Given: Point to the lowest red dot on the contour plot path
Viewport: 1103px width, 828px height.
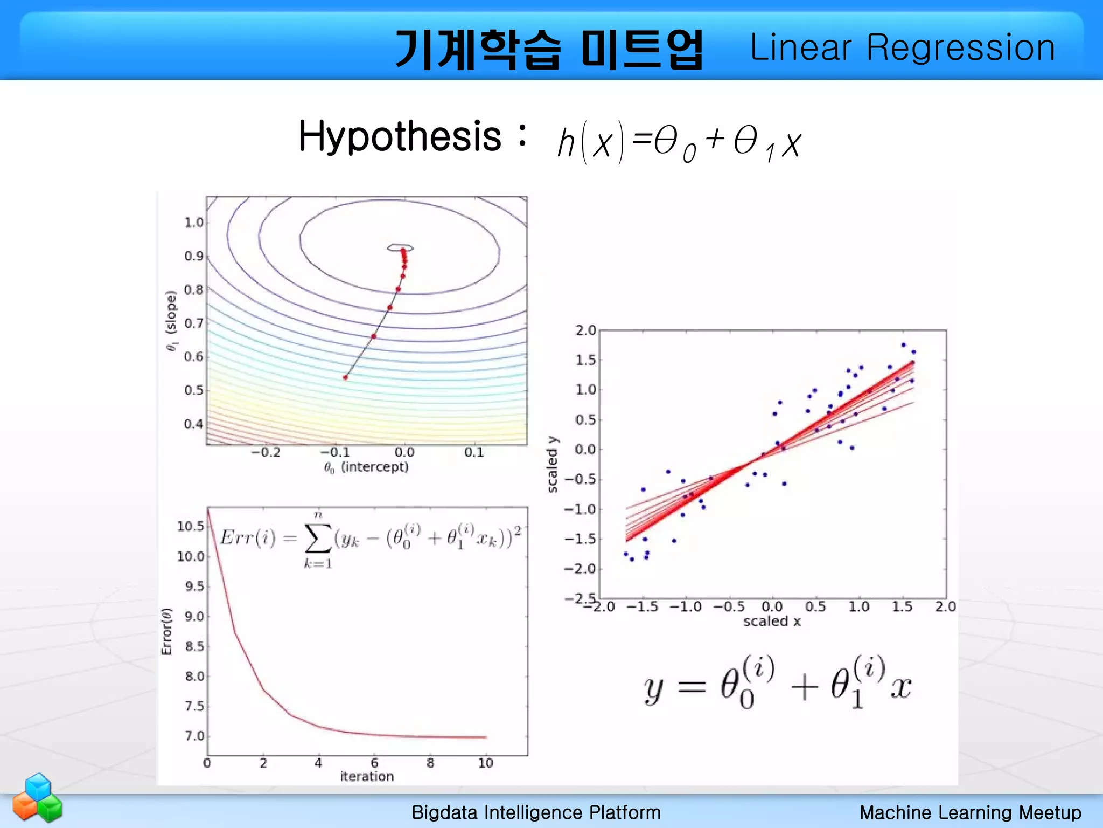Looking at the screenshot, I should tap(346, 377).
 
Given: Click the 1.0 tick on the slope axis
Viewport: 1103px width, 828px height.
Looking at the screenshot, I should tap(193, 223).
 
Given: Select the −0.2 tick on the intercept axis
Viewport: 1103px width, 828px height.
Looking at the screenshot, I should tap(266, 453).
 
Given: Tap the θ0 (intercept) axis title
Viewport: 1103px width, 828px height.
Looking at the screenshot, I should tap(366, 467).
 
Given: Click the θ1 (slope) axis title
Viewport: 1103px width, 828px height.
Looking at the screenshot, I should tap(171, 321).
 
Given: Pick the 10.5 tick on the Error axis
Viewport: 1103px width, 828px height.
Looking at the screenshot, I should tap(191, 526).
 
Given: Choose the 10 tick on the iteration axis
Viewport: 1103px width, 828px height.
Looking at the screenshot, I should tap(485, 763).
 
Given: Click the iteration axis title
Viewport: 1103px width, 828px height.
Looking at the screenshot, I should tap(367, 776).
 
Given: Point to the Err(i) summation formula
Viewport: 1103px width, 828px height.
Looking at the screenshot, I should tap(371, 539).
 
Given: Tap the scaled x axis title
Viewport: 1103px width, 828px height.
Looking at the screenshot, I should tap(772, 622).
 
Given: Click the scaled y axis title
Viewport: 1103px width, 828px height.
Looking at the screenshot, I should tap(553, 464).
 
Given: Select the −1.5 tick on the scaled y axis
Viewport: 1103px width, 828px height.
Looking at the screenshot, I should tap(580, 539).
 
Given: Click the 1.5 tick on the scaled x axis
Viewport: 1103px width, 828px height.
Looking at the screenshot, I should tap(902, 607).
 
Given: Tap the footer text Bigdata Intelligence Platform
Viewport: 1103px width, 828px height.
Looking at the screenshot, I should tap(536, 812).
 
